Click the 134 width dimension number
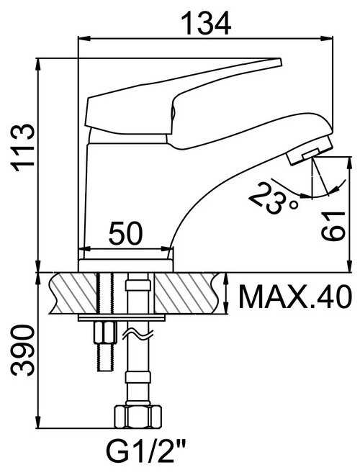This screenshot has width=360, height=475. [x=206, y=24]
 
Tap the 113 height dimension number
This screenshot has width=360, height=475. [x=22, y=148]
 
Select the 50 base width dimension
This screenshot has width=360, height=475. [x=125, y=233]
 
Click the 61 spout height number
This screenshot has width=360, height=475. [x=333, y=226]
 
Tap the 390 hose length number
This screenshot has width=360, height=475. [x=22, y=350]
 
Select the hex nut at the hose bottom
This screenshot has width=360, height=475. [x=138, y=417]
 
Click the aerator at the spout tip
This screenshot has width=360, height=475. [x=310, y=151]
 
